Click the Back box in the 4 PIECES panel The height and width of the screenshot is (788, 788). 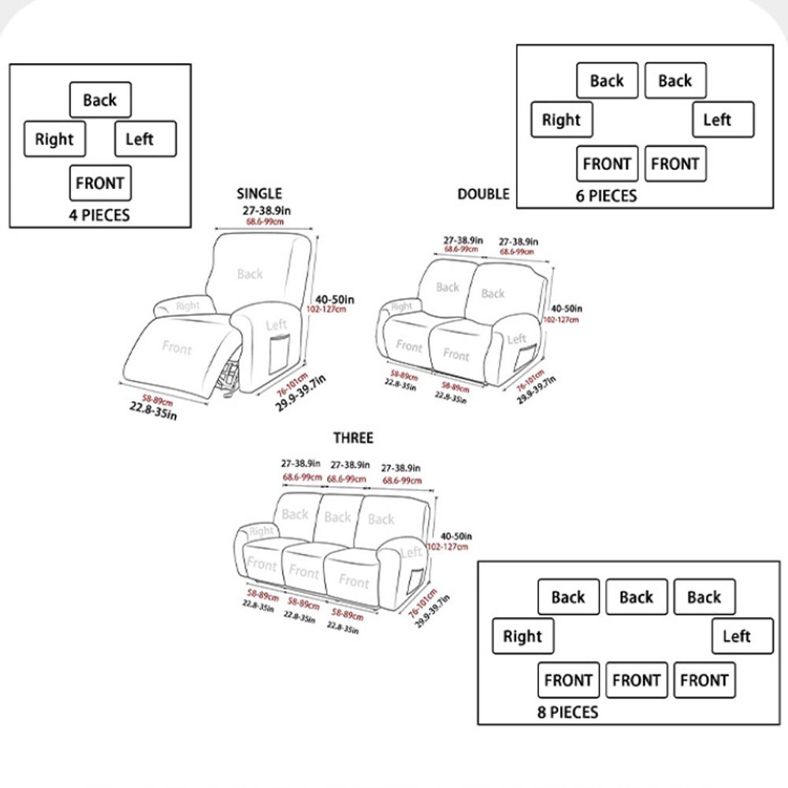coord(100,100)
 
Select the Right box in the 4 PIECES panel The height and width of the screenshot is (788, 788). coord(54,139)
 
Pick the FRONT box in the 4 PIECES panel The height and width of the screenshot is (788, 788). coord(100,184)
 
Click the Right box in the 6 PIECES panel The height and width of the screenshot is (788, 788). coord(561,121)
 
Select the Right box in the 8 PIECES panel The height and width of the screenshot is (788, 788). coord(522,637)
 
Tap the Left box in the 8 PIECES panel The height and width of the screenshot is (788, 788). coord(742,637)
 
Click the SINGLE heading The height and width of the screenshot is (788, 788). coord(258,194)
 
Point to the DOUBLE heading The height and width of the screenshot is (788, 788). coord(483,194)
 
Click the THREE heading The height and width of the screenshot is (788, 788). coord(353,438)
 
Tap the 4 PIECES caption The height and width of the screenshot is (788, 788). coord(99,214)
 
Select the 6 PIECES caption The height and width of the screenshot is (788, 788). coord(606,195)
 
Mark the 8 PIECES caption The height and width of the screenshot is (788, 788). coord(563,713)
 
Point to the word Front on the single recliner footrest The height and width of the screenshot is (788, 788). coord(177,347)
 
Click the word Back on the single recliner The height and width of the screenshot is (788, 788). coord(250,274)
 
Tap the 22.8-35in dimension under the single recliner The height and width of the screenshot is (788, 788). coord(153,411)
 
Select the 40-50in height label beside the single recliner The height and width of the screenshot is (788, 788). coord(334,299)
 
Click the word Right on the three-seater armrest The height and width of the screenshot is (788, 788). coord(261,532)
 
